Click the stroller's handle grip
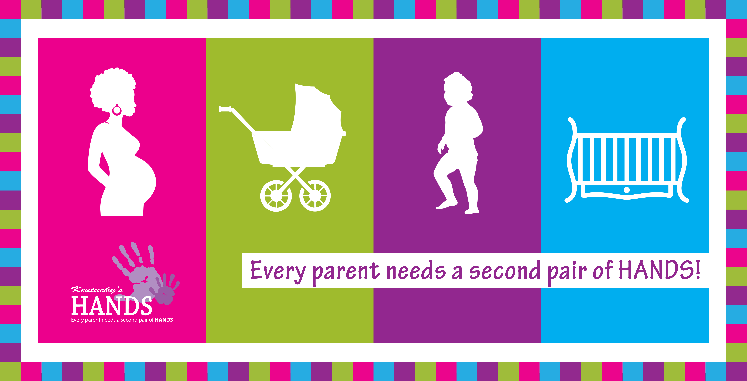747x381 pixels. pyautogui.click(x=225, y=109)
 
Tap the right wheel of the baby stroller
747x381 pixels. pyautogui.click(x=315, y=196)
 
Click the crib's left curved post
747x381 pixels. pyautogui.click(x=571, y=159)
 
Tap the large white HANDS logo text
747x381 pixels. pyautogui.click(x=112, y=306)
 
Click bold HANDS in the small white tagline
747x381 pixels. pyautogui.click(x=164, y=320)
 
